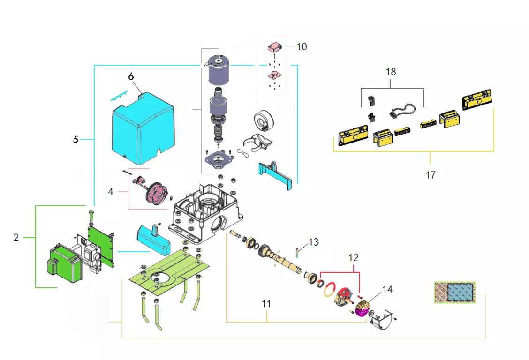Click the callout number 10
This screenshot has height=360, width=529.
point(302,47)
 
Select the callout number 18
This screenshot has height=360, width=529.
point(391,72)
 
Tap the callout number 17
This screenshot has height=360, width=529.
point(430,175)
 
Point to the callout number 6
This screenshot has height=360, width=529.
point(131,76)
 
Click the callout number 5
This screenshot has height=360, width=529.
point(76,139)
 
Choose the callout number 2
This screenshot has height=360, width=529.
point(16,238)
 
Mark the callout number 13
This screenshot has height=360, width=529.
point(313,242)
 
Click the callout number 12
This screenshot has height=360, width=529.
point(353,257)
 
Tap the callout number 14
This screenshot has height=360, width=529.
point(387,290)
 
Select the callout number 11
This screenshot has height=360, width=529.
point(266,304)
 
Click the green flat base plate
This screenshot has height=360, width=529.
point(169,271)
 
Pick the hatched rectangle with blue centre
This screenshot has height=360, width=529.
point(454,292)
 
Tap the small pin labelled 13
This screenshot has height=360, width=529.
point(298,252)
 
